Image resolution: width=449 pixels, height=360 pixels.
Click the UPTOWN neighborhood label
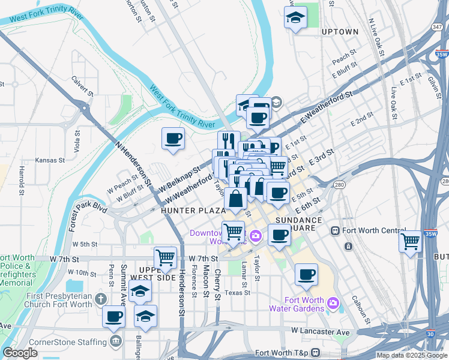tap(340, 32)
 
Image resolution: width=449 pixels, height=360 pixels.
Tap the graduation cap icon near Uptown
tap(295, 18)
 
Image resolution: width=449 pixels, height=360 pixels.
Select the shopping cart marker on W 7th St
tap(165, 258)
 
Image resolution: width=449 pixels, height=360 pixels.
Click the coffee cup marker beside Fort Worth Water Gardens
tap(306, 275)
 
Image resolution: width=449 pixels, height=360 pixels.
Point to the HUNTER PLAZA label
tap(193, 211)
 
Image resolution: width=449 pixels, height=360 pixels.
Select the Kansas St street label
tap(49, 160)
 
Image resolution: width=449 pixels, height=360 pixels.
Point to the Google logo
tap(19, 353)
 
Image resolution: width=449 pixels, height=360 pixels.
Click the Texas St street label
tap(237, 293)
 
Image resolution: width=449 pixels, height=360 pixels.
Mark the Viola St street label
tap(77, 141)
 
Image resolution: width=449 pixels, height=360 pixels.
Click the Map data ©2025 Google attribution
tap(411, 355)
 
